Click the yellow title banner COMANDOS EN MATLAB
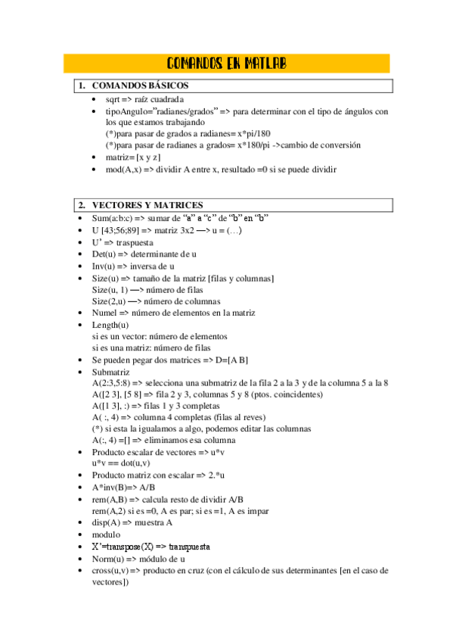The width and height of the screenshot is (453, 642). [226, 63]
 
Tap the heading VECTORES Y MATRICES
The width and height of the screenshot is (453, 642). [147, 205]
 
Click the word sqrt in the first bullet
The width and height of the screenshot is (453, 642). [114, 100]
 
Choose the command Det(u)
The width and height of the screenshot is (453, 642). [106, 254]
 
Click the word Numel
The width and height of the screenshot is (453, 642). [106, 313]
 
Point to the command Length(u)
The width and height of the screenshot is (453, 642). [110, 325]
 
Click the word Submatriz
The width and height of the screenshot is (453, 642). [110, 372]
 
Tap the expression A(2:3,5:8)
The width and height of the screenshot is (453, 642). [114, 383]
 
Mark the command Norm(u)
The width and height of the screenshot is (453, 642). [110, 558]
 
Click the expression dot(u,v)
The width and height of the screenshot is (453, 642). [134, 463]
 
